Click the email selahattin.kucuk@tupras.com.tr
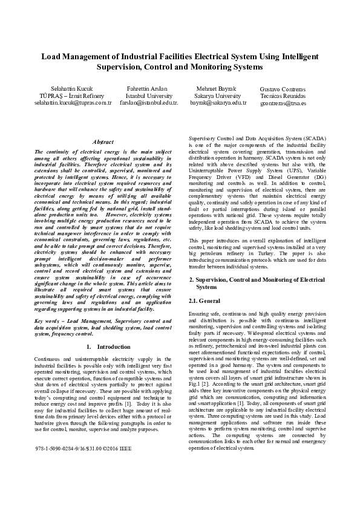point(64,103)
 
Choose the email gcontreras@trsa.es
point(283,103)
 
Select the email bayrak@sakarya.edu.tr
point(218,103)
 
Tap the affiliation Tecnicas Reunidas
point(283,96)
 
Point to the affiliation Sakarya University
point(218,96)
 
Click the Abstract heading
point(102,141)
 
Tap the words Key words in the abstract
point(49,320)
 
